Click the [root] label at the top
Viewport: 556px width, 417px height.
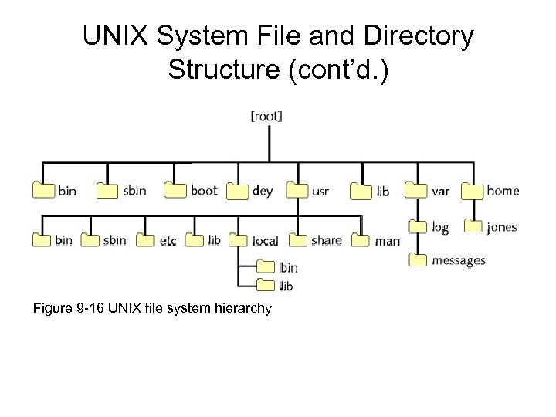click(x=266, y=116)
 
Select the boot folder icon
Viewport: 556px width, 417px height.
click(x=176, y=190)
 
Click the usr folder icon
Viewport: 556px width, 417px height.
click(x=297, y=190)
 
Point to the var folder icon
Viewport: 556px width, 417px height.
click(x=418, y=190)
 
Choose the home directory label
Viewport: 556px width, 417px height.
click(x=503, y=190)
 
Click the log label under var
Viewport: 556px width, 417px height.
click(x=440, y=227)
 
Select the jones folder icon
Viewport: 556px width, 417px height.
click(x=473, y=227)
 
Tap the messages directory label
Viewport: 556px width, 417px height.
click(x=458, y=260)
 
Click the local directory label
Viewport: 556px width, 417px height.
click(x=265, y=241)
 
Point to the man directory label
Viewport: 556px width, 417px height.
click(x=387, y=241)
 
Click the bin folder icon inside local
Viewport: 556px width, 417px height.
click(x=265, y=268)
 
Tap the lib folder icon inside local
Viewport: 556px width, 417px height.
click(x=265, y=286)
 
